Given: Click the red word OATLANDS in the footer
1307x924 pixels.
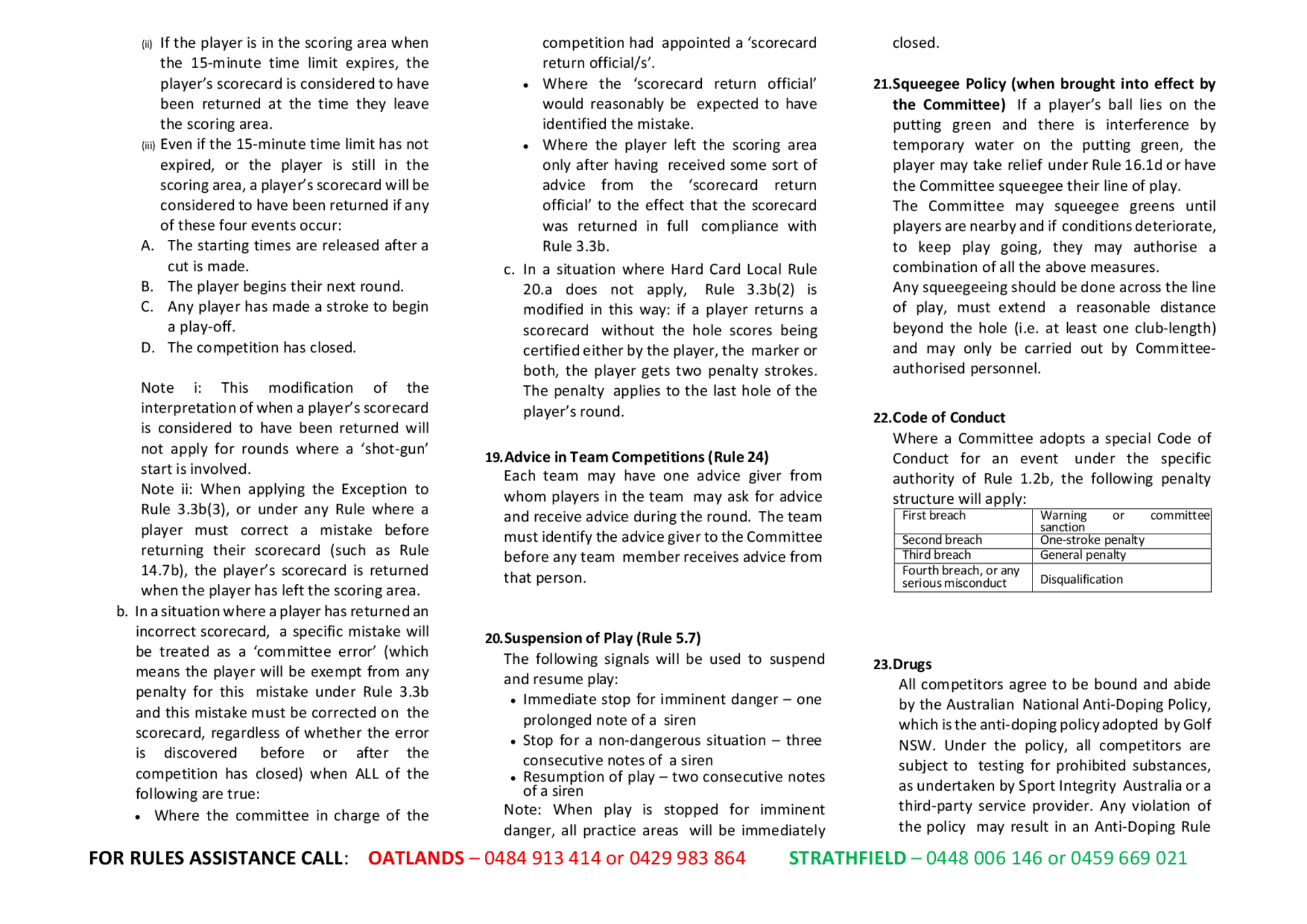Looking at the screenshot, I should [416, 858].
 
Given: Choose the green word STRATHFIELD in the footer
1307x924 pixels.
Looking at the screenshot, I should [847, 858].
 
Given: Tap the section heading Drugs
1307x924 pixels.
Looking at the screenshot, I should [912, 665].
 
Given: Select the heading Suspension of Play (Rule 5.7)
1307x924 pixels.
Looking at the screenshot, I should [602, 638].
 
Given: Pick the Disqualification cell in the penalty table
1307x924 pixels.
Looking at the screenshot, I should [1081, 580].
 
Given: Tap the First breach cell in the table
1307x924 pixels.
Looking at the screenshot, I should [933, 516].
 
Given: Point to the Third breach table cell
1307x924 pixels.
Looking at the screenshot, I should [936, 555].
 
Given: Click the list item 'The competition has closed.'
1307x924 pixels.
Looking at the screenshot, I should [261, 348].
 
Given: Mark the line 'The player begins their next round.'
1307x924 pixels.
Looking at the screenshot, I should [285, 287].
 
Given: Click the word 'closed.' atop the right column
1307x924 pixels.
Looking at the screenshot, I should [916, 43].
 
